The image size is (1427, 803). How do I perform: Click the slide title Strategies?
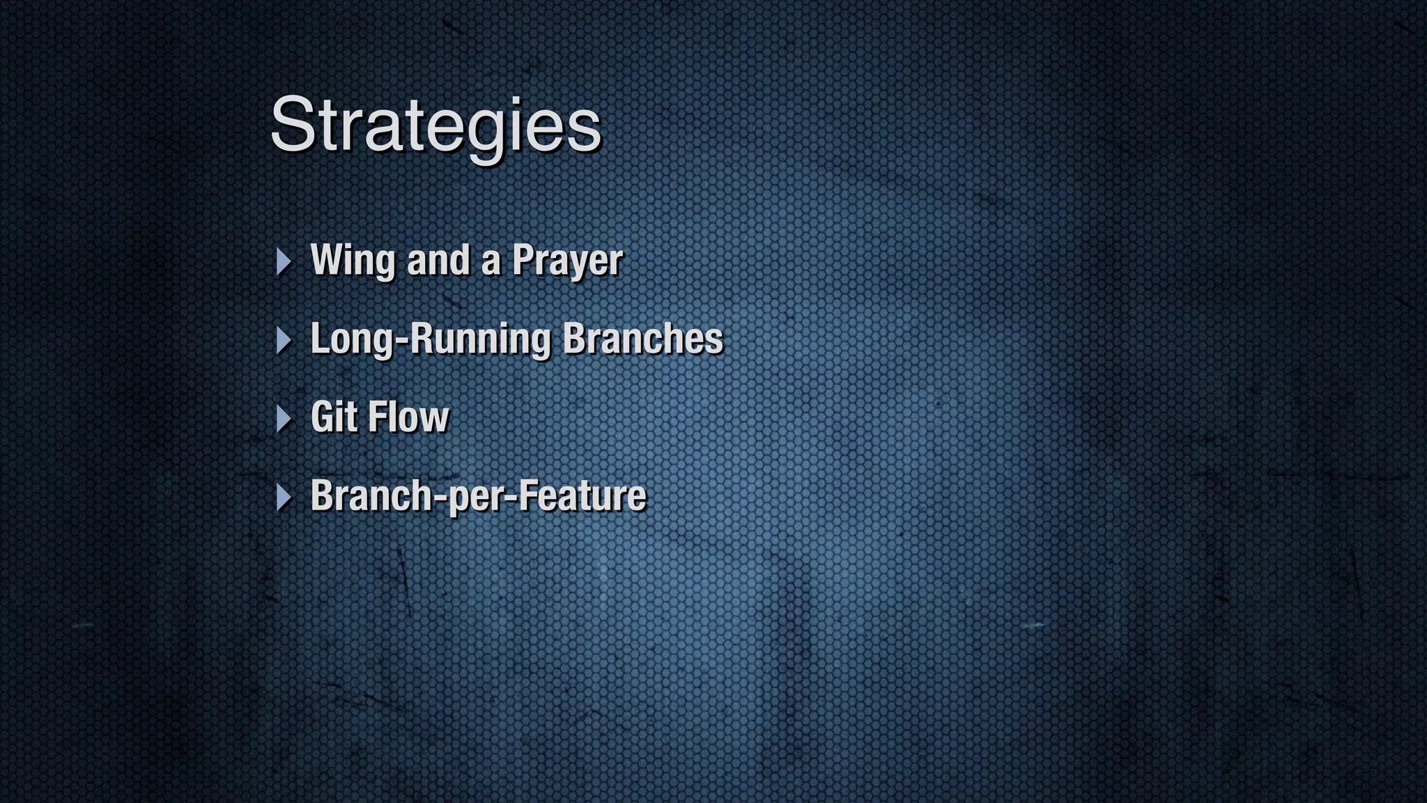pos(435,125)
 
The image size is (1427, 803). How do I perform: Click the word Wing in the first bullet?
pos(353,261)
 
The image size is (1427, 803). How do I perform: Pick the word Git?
pos(334,417)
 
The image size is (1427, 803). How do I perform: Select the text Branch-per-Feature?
pos(478,496)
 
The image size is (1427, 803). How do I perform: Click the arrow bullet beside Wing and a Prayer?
pos(283,261)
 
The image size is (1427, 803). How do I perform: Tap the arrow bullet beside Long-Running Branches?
pos(283,340)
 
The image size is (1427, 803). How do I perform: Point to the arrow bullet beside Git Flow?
pos(283,419)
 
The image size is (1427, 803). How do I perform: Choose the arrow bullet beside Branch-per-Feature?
pos(283,498)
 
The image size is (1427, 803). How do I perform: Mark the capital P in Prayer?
pos(524,260)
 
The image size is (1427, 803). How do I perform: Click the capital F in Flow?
pos(377,417)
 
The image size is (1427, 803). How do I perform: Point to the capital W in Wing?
pos(328,259)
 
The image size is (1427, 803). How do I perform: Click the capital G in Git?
pos(323,417)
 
